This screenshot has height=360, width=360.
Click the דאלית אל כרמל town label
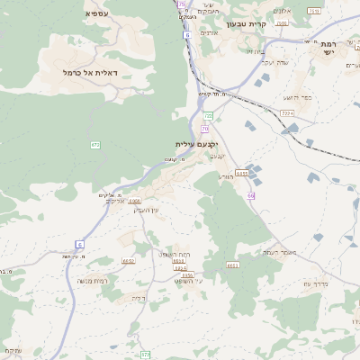pyautogui.click(x=97, y=72)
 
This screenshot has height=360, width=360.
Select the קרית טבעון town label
pyautogui.click(x=247, y=24)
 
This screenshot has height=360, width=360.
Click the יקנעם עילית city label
pyautogui.click(x=197, y=144)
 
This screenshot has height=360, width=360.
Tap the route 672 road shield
pyautogui.click(x=95, y=145)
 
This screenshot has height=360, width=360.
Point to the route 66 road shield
pyautogui.click(x=251, y=195)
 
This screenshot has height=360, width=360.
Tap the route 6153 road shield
pyautogui.click(x=241, y=173)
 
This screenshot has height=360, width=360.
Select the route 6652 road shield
pyautogui.click(x=129, y=261)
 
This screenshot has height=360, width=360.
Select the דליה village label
pyautogui.click(x=138, y=298)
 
